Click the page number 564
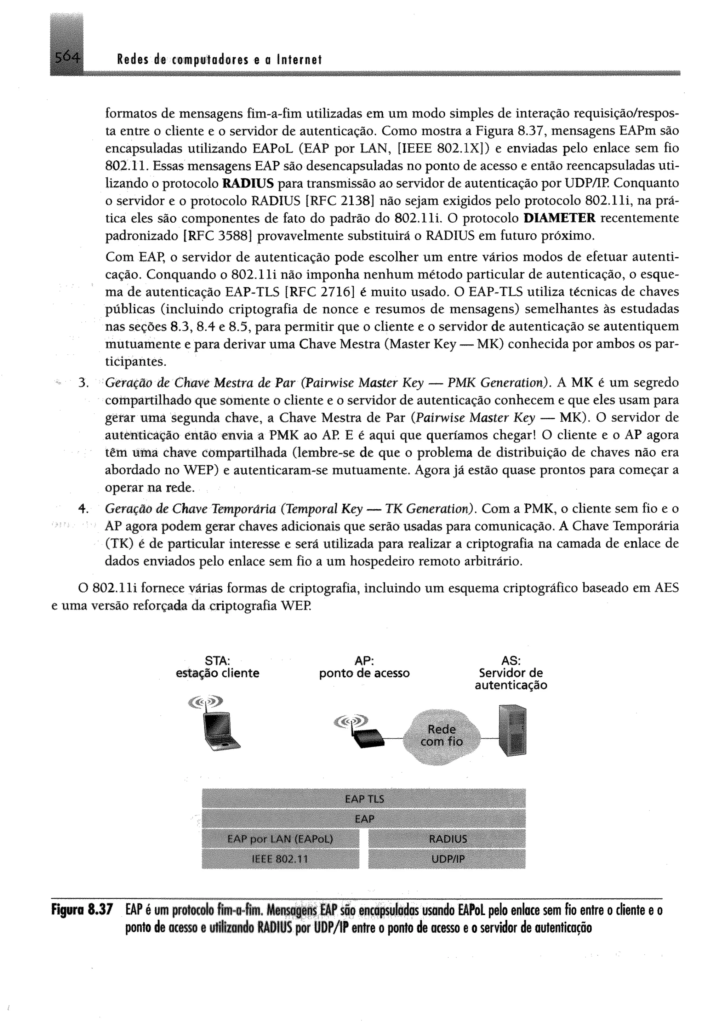(67, 58)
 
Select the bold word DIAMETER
(559, 218)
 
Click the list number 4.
(82, 509)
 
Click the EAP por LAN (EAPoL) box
(280, 839)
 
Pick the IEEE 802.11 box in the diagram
(280, 859)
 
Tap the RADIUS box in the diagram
(447, 839)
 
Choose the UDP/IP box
(447, 859)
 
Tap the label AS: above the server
(511, 661)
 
